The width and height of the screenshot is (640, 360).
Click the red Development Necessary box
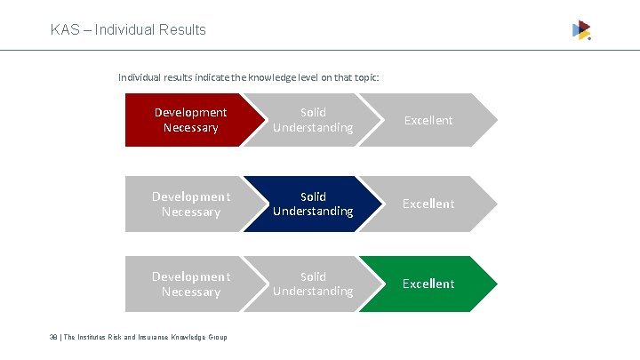pos(187,120)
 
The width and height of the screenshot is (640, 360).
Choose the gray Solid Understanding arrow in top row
pos(311,120)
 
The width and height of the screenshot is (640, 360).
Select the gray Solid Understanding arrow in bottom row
pos(311,284)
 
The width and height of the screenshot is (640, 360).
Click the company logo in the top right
pos(581,30)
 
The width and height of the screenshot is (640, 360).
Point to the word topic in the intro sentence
pos(364,77)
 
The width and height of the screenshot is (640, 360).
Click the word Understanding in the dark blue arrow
pos(313,212)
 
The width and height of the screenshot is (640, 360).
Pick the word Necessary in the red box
pos(190,128)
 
